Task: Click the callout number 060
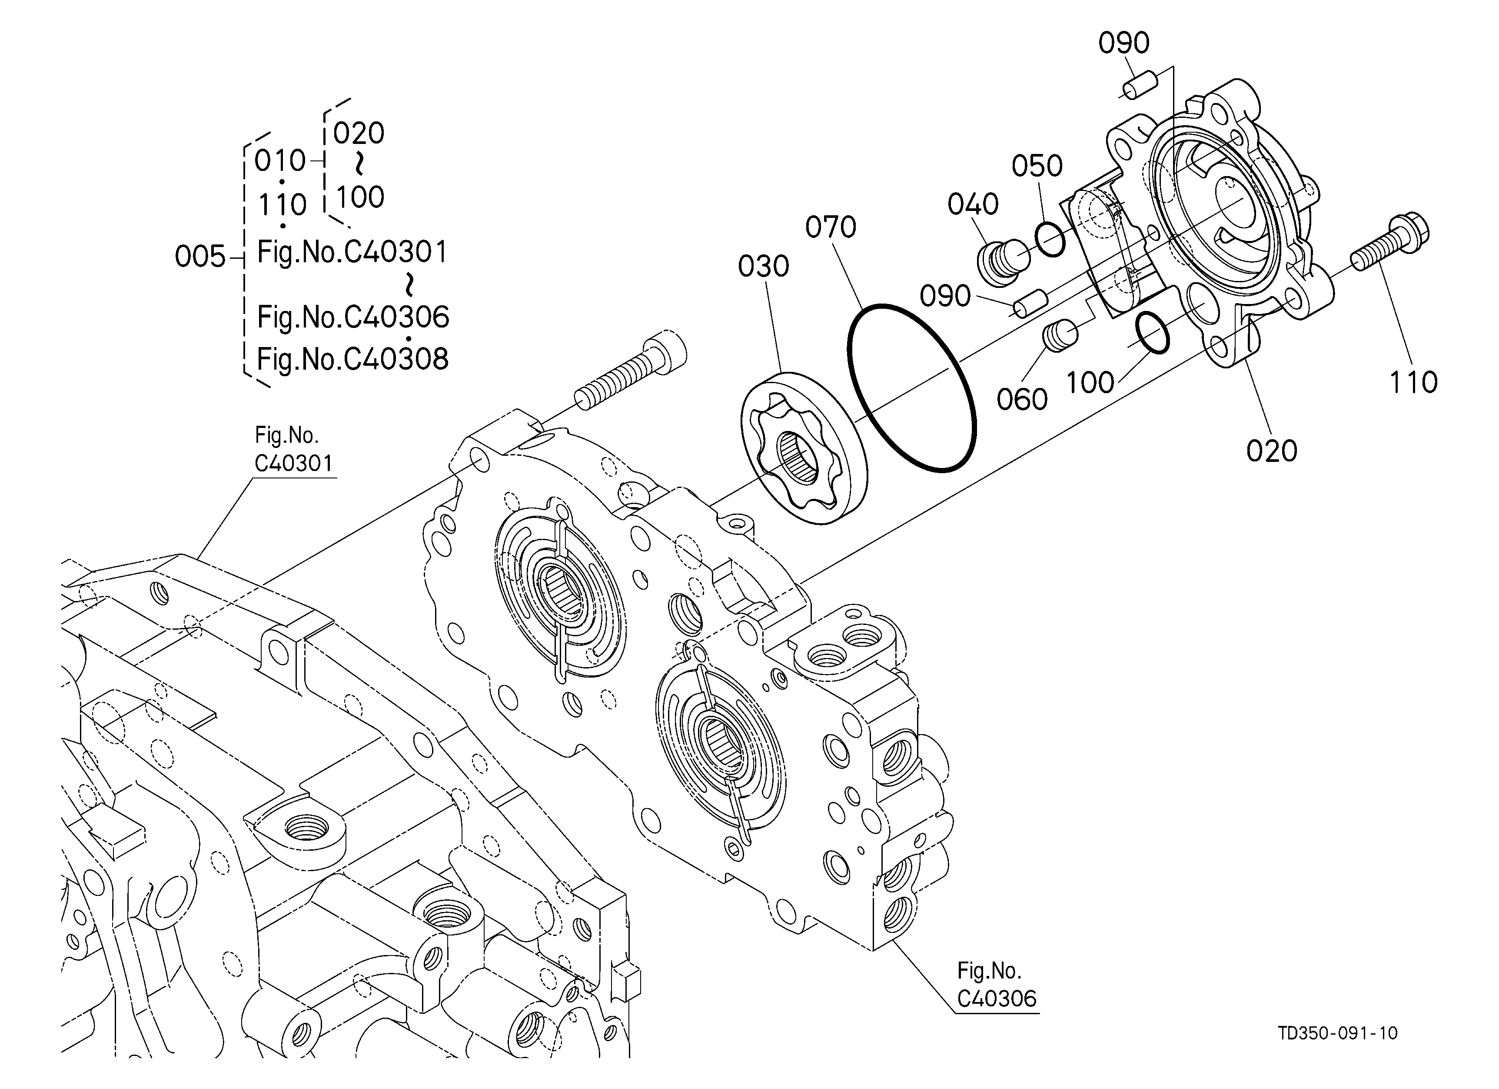[1022, 399]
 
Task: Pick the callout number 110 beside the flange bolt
[1413, 382]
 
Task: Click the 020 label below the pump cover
[1272, 451]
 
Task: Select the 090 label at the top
[1123, 43]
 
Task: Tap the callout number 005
[200, 257]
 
